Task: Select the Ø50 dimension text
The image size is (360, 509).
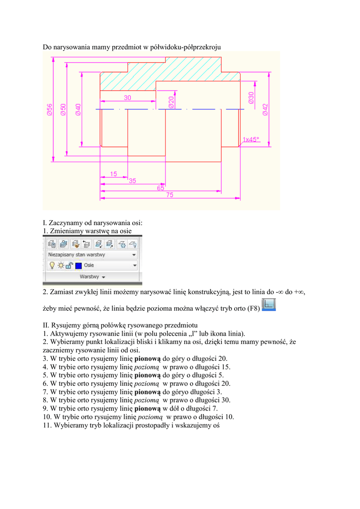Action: pyautogui.click(x=63, y=109)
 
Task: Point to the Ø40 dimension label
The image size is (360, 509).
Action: pyautogui.click(x=79, y=109)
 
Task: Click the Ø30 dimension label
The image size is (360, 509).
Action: pyautogui.click(x=252, y=98)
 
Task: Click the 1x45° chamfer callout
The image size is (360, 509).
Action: pyautogui.click(x=251, y=140)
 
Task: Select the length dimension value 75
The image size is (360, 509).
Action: pyautogui.click(x=170, y=195)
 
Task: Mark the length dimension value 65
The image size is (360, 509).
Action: pyautogui.click(x=161, y=188)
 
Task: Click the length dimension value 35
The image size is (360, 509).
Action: pyautogui.click(x=132, y=181)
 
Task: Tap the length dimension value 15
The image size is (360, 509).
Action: pyautogui.click(x=114, y=174)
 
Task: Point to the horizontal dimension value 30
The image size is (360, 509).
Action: pyautogui.click(x=128, y=98)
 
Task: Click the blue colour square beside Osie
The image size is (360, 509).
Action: pyautogui.click(x=79, y=265)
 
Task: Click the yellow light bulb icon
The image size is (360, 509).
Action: pyautogui.click(x=51, y=265)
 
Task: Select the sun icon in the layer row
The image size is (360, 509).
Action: pyautogui.click(x=60, y=265)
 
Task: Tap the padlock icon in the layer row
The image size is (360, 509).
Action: pyautogui.click(x=69, y=265)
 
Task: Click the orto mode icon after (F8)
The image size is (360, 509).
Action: pyautogui.click(x=269, y=305)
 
